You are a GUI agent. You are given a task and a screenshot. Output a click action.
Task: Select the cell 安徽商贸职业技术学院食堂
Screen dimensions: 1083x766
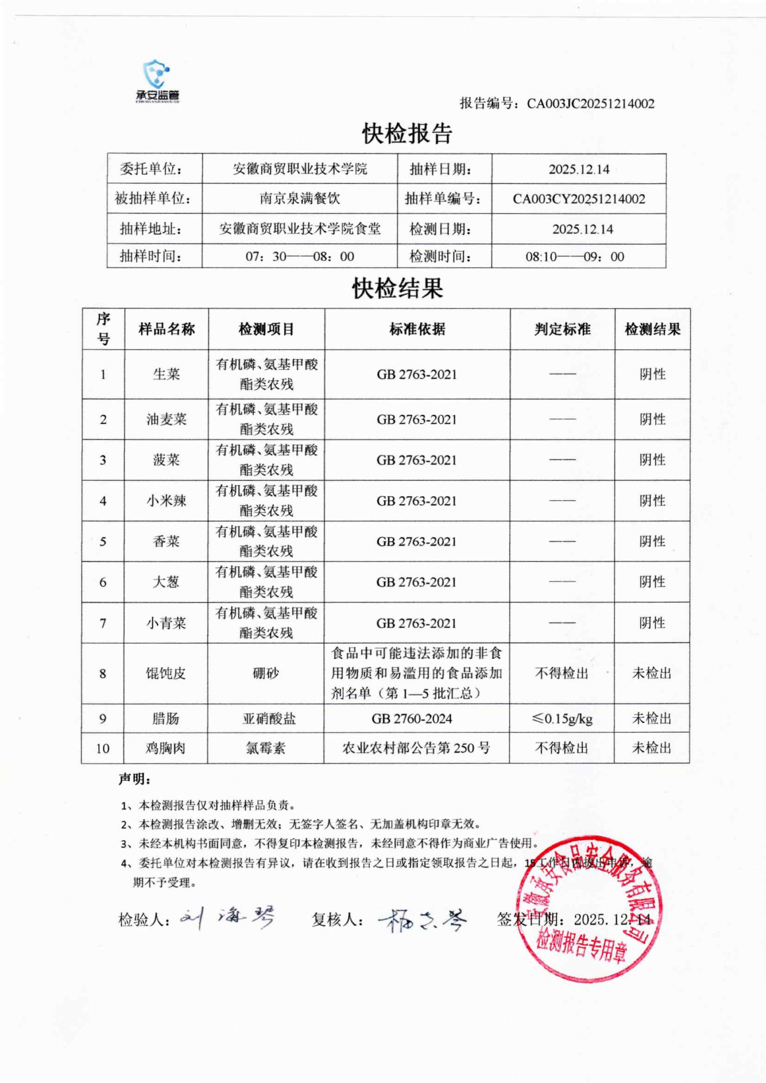click(299, 229)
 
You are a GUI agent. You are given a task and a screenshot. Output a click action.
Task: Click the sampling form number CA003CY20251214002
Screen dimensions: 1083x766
click(579, 199)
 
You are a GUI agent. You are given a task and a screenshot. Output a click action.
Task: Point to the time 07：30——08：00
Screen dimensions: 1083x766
click(299, 257)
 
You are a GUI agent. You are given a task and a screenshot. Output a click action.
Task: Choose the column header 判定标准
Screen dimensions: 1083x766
click(562, 329)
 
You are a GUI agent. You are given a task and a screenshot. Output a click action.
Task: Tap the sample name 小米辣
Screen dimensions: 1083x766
click(166, 500)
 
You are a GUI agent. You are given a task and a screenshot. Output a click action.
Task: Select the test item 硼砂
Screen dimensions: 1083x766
click(266, 673)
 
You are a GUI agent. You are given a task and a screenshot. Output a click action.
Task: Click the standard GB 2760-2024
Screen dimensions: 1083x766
click(411, 718)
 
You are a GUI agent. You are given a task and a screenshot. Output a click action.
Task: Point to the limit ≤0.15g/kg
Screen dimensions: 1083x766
click(562, 718)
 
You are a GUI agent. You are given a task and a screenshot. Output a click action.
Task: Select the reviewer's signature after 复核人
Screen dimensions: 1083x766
click(422, 920)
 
